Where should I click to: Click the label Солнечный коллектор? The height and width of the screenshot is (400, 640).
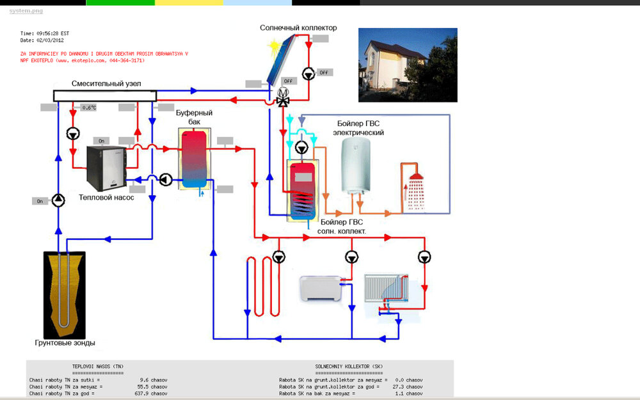tap(298, 28)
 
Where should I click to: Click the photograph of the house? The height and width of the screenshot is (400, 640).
tap(407, 65)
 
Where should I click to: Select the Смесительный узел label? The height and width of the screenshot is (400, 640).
tap(106, 84)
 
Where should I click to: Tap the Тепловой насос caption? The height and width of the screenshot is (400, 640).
tap(106, 198)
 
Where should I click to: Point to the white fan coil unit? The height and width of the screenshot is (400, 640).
tap(322, 289)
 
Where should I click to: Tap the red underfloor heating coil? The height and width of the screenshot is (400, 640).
tap(262, 285)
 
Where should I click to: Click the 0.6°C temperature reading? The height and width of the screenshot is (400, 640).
tap(89, 108)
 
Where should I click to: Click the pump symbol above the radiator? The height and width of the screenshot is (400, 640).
tap(424, 257)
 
